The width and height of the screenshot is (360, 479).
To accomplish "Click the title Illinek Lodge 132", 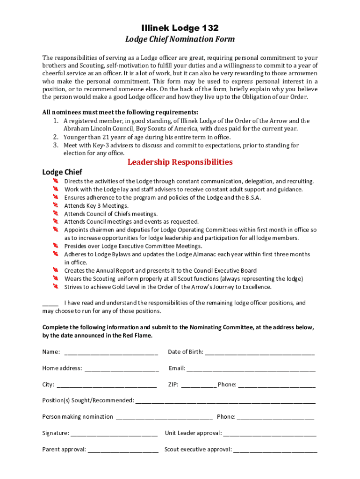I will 180,28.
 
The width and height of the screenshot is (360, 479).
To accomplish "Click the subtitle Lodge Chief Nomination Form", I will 180,39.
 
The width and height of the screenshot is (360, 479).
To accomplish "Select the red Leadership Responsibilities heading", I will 180,162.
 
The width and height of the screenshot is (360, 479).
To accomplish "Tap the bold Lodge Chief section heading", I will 62,173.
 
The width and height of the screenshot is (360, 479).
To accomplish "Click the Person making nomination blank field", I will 164,417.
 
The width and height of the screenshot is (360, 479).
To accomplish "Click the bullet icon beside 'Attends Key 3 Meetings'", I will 55,205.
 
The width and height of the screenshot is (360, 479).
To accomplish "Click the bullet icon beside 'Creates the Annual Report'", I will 55,270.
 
